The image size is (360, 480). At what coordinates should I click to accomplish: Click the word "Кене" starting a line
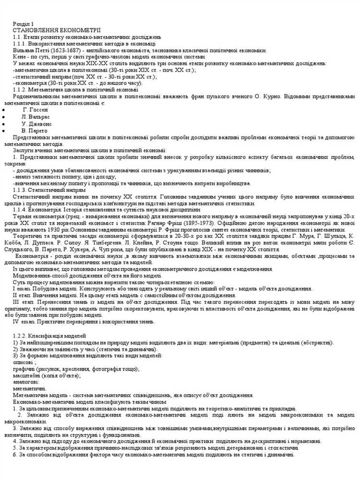[x=19, y=57]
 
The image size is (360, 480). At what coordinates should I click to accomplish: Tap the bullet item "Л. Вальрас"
[x=35, y=117]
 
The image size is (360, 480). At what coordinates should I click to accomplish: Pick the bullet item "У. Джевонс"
[x=36, y=123]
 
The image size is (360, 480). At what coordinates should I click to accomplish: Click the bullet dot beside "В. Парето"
[x=4, y=130]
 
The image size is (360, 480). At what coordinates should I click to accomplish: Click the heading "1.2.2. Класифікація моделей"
[x=49, y=335]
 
